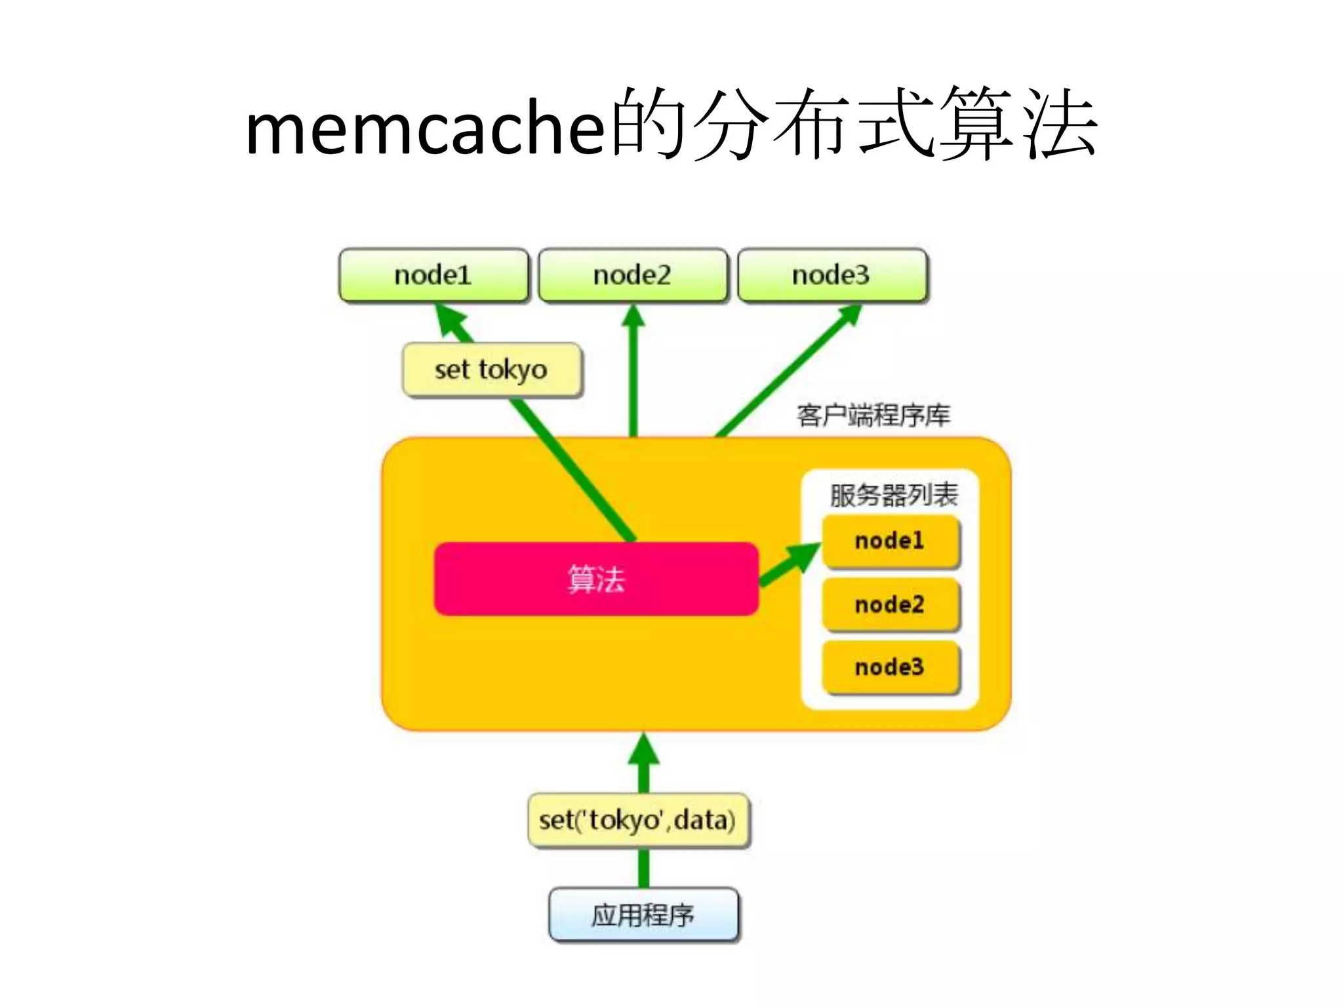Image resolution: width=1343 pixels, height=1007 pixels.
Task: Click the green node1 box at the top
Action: [x=433, y=275]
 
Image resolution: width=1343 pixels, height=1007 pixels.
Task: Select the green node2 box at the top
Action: [x=633, y=275]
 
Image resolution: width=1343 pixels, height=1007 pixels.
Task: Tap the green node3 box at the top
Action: [x=832, y=275]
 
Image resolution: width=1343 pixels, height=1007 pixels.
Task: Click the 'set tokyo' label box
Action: [x=492, y=370]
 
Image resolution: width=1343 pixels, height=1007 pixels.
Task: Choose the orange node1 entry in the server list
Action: [x=891, y=542]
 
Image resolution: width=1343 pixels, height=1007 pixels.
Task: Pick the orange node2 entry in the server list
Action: [x=891, y=604]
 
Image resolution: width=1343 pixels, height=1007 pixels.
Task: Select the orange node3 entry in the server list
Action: [x=891, y=667]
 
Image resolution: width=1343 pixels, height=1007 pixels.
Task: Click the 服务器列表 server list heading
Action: [x=894, y=495]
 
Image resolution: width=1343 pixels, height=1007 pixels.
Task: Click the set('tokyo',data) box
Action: [x=638, y=820]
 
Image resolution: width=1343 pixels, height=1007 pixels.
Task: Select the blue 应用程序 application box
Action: [x=643, y=915]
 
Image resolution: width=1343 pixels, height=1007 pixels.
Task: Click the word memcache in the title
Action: [x=425, y=128]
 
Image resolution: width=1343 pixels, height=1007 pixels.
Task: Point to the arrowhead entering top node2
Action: [x=633, y=316]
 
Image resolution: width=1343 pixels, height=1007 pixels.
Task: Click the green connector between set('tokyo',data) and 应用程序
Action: [x=644, y=868]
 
